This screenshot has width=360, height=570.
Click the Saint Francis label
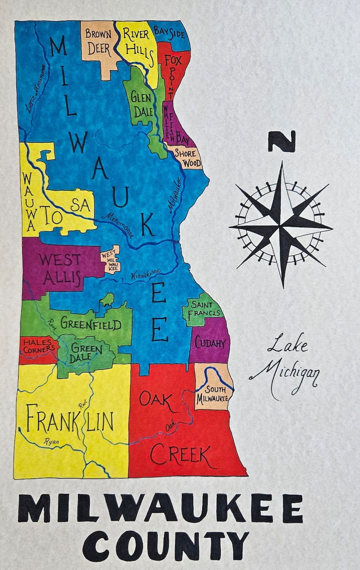pyautogui.click(x=202, y=308)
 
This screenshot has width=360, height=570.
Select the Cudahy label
pyautogui.click(x=210, y=343)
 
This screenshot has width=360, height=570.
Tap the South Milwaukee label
pyautogui.click(x=212, y=394)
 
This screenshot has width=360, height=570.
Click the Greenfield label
pyautogui.click(x=91, y=324)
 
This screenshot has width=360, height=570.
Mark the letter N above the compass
pyautogui.click(x=281, y=141)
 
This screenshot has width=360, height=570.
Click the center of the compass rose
pyautogui.click(x=281, y=223)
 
